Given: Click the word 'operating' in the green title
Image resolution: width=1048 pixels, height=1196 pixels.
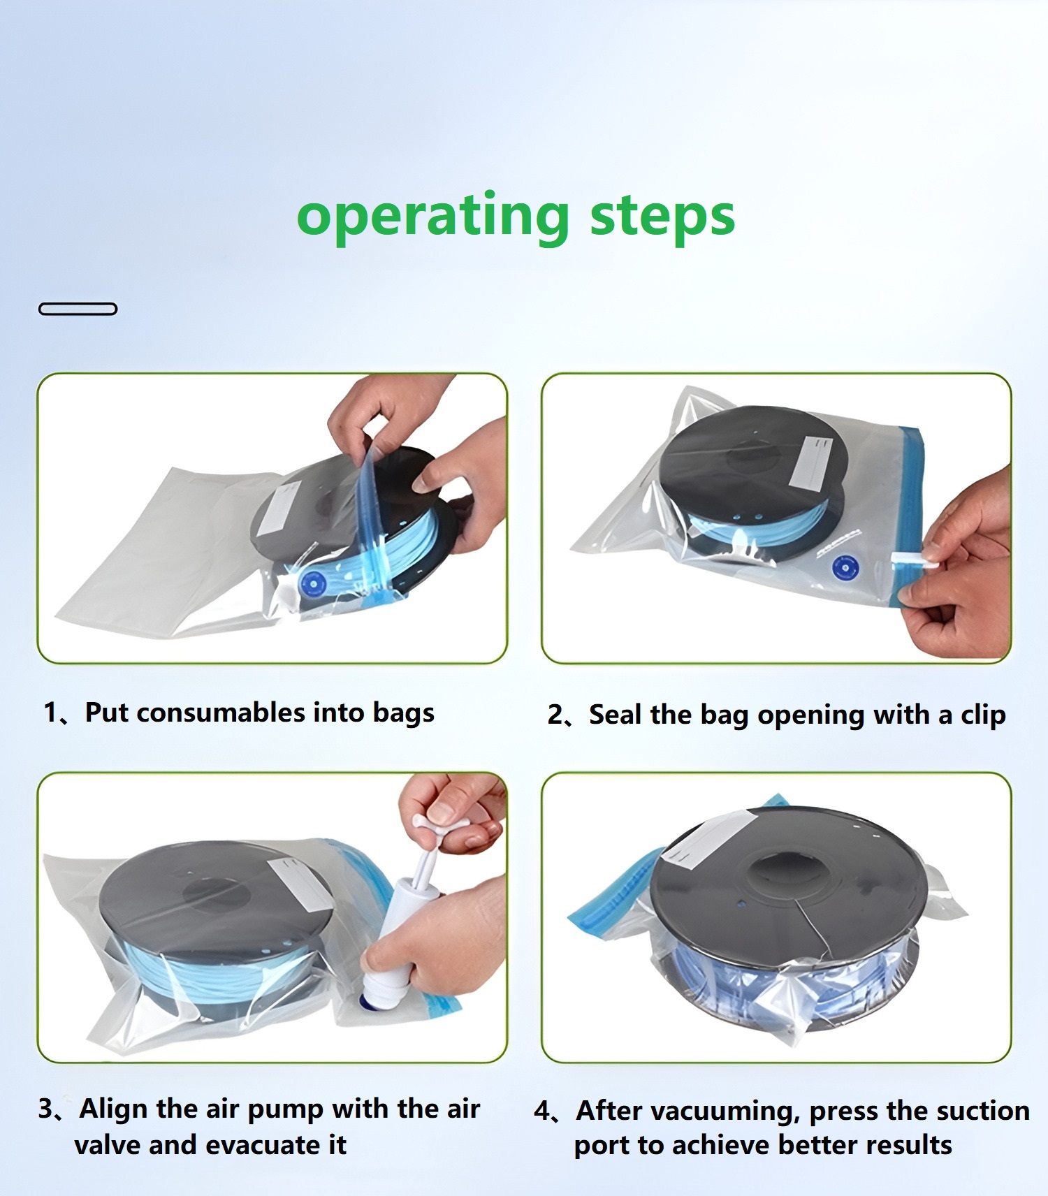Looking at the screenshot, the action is (433, 217).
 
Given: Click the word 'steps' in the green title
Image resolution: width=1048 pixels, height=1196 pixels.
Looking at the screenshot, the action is (662, 215).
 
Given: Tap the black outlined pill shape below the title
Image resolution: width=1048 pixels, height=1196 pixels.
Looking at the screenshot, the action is (78, 309).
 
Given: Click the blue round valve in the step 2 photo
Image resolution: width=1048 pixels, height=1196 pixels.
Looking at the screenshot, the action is (845, 568).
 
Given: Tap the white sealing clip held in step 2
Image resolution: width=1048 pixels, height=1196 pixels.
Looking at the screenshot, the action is (915, 560).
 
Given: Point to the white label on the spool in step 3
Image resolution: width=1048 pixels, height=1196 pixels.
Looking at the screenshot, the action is (301, 884).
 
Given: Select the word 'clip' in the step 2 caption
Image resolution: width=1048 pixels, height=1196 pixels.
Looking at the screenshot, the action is (983, 715).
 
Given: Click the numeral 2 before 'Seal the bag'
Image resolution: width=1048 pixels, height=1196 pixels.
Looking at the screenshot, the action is (555, 715).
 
